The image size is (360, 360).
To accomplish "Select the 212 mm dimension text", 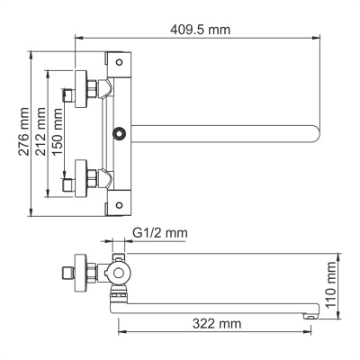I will (40, 132).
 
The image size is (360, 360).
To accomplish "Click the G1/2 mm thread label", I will (159, 233).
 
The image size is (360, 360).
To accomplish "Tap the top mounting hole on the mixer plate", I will (118, 61).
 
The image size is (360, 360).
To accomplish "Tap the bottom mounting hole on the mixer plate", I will (118, 204).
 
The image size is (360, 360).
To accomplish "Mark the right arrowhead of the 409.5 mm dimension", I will (320, 38).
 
